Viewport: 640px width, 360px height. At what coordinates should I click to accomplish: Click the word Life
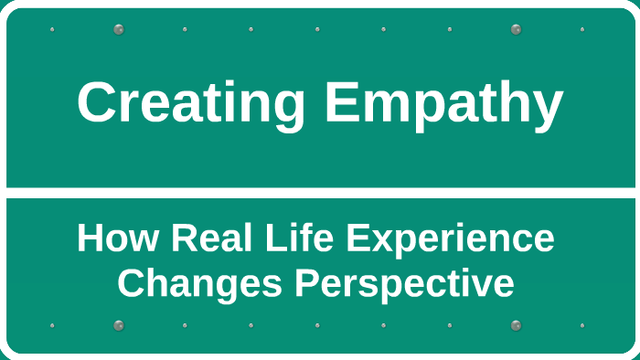tap(291, 239)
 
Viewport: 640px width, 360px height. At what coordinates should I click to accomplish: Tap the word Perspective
tap(404, 284)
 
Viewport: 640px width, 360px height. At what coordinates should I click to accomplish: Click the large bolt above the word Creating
tap(118, 29)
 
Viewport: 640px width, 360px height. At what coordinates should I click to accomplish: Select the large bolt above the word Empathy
tap(516, 29)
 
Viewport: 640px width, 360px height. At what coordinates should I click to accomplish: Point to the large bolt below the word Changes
tap(118, 325)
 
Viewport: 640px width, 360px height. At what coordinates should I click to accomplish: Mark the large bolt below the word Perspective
tap(516, 325)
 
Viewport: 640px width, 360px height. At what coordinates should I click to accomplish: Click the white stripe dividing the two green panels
tap(320, 192)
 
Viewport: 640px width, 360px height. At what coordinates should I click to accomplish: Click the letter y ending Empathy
tap(548, 108)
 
